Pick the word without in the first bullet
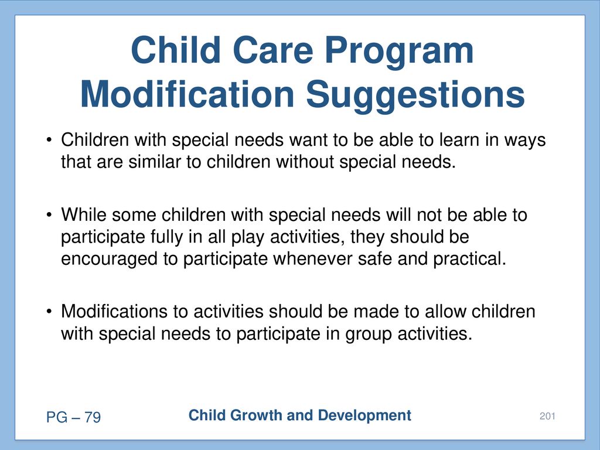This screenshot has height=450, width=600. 305,162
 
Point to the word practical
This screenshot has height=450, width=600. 469,260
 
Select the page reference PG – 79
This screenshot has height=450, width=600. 73,417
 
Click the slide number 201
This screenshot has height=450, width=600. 547,416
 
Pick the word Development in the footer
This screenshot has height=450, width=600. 364,416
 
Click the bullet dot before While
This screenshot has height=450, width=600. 49,215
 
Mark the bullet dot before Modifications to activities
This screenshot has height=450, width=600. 49,312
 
